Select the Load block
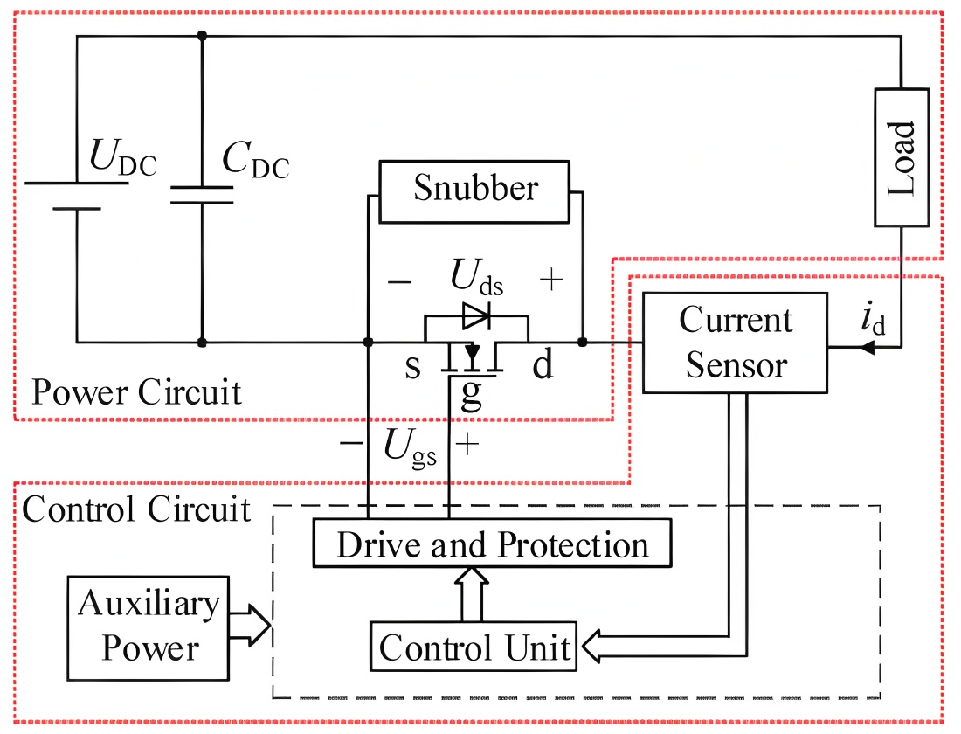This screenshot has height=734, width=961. pyautogui.click(x=902, y=158)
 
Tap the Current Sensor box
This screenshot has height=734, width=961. pyautogui.click(x=735, y=342)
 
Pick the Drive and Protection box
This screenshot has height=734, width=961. pyautogui.click(x=494, y=545)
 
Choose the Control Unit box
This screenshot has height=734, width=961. pyautogui.click(x=474, y=647)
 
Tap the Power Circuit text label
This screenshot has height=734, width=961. pyautogui.click(x=136, y=393)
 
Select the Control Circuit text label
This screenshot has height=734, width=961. pyautogui.click(x=136, y=509)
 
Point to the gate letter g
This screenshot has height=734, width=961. pyautogui.click(x=471, y=395)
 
